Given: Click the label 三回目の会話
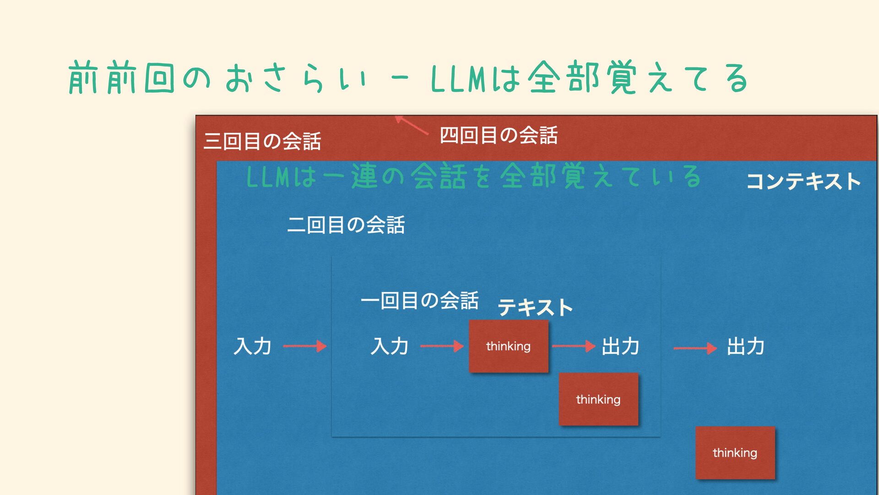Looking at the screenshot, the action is pyautogui.click(x=262, y=141).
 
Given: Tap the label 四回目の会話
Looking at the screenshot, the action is pyautogui.click(x=499, y=135).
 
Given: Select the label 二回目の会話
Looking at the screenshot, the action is pyautogui.click(x=346, y=225).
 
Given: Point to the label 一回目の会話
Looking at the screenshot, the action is pyautogui.click(x=419, y=301).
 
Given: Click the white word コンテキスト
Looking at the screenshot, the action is pyautogui.click(x=803, y=181).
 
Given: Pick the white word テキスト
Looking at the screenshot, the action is pyautogui.click(x=535, y=307).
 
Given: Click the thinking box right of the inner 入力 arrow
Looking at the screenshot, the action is pyautogui.click(x=508, y=346).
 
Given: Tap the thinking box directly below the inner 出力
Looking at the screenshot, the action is pyautogui.click(x=598, y=399).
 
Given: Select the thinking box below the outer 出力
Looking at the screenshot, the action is pyautogui.click(x=735, y=453).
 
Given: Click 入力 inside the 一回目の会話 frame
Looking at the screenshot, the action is pyautogui.click(x=390, y=346).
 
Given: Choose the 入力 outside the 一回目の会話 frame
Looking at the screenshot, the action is pyautogui.click(x=252, y=346).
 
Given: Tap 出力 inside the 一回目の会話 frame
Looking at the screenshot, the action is pyautogui.click(x=620, y=346).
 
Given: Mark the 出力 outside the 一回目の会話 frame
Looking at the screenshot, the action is pyautogui.click(x=746, y=346).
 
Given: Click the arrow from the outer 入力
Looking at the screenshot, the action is pyautogui.click(x=304, y=346).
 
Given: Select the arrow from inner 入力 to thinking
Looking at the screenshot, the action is pyautogui.click(x=442, y=346).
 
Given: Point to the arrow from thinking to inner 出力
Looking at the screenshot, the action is pyautogui.click(x=573, y=346).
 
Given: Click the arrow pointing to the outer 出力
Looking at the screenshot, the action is pyautogui.click(x=695, y=348).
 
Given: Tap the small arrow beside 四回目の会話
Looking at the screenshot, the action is pyautogui.click(x=411, y=125).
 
